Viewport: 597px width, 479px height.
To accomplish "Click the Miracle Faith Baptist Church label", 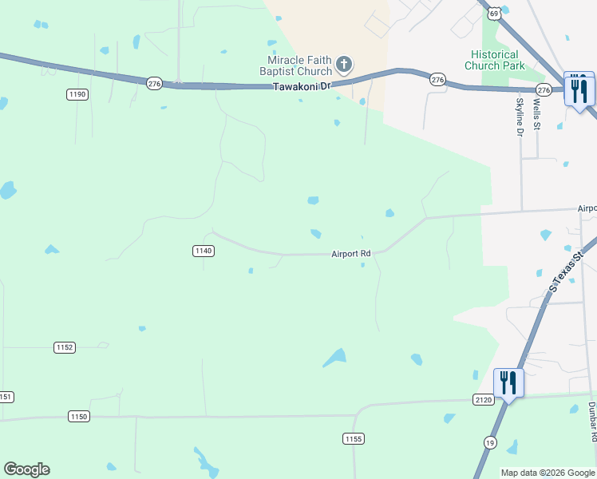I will pyautogui.click(x=299, y=66).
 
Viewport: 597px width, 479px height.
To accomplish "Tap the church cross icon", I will pyautogui.click(x=344, y=63).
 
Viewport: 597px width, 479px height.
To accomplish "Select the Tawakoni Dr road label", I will pyautogui.click(x=302, y=86).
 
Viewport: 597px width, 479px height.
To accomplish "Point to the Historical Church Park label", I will pyautogui.click(x=496, y=60).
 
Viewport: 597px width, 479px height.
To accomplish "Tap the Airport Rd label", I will pyautogui.click(x=351, y=254).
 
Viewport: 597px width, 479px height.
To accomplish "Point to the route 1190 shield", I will pyautogui.click(x=77, y=94).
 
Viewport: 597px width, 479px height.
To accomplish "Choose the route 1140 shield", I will pyautogui.click(x=203, y=251).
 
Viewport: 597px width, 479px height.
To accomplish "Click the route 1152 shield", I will pyautogui.click(x=65, y=347).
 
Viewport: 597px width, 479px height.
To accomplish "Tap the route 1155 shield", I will pyautogui.click(x=354, y=438).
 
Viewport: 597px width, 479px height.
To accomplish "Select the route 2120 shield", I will pyautogui.click(x=484, y=399).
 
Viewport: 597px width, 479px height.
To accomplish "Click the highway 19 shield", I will pyautogui.click(x=488, y=441).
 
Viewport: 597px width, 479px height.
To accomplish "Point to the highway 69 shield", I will pyautogui.click(x=496, y=13).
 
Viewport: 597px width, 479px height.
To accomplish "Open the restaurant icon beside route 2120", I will pyautogui.click(x=508, y=382).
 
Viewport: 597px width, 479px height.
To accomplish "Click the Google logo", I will pyautogui.click(x=26, y=469).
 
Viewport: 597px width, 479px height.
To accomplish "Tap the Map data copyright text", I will pyautogui.click(x=547, y=473).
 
